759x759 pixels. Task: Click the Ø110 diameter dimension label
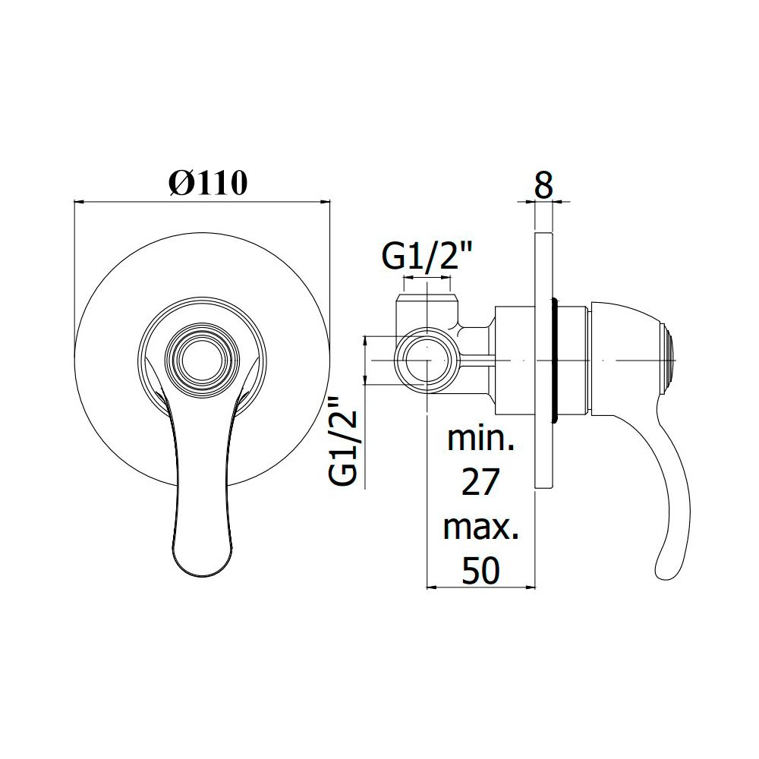208,183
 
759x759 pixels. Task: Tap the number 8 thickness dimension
543,184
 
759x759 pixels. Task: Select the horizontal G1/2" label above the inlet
427,257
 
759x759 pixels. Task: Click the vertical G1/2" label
343,441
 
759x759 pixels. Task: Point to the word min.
480,439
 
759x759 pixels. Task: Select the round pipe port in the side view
427,361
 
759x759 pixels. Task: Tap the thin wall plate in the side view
543,361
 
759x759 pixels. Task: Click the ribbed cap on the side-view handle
669,361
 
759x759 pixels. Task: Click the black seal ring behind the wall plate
556,361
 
